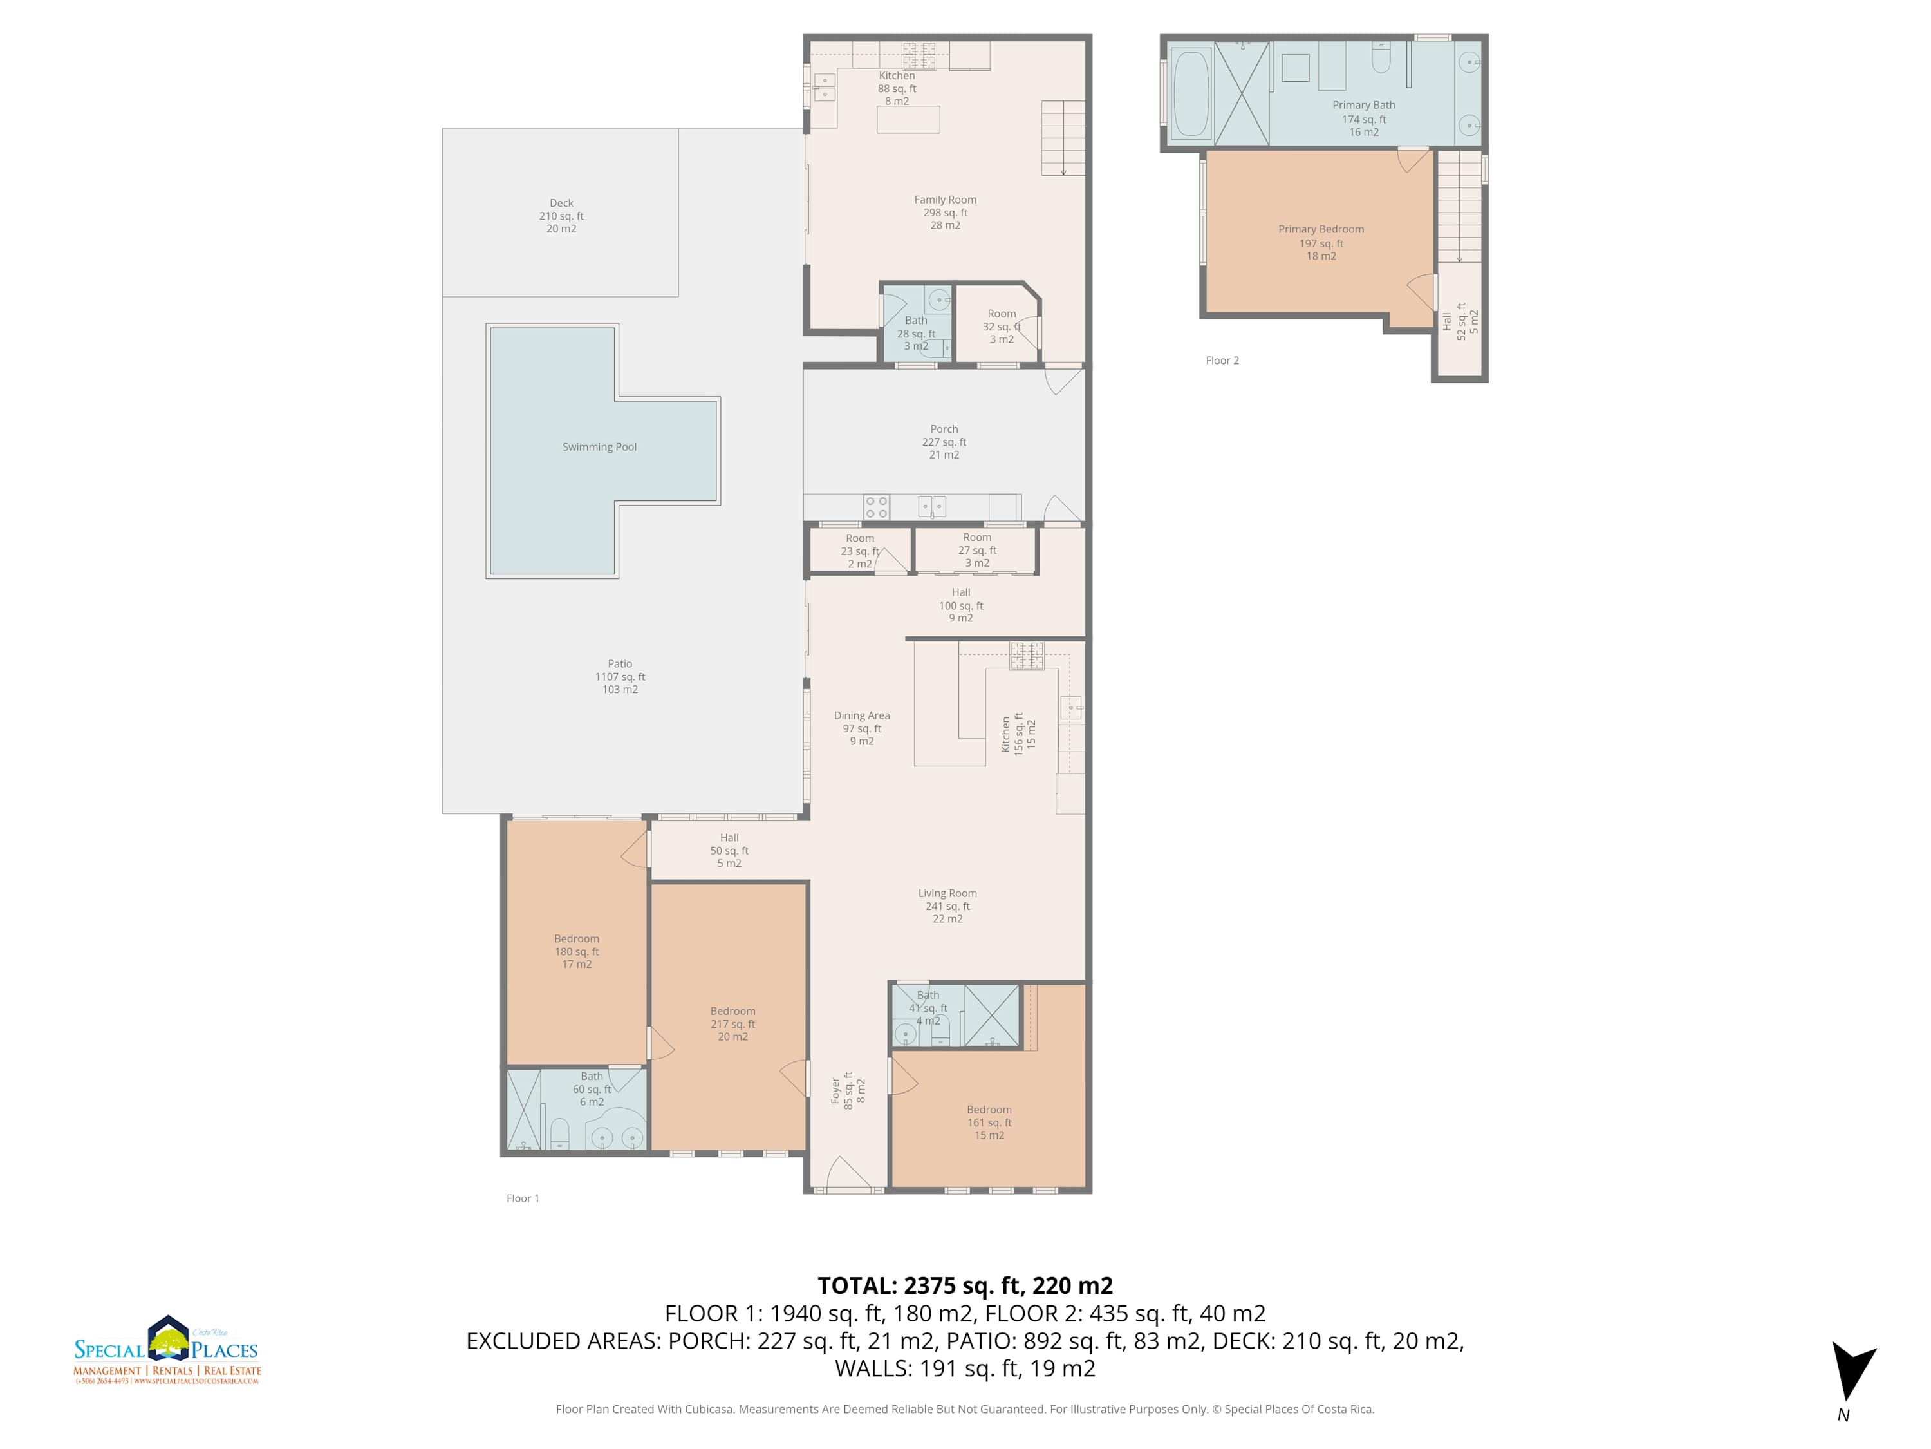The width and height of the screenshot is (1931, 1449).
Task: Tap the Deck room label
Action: pyautogui.click(x=561, y=216)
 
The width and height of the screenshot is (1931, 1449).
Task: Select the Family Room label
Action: pyautogui.click(x=946, y=213)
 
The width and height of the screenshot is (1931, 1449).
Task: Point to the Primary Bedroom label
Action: pyautogui.click(x=1321, y=242)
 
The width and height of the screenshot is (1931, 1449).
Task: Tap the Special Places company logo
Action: pyautogui.click(x=167, y=1349)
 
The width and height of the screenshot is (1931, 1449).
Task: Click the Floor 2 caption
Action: pyautogui.click(x=1222, y=360)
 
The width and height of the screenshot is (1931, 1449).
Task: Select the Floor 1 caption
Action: pyautogui.click(x=523, y=1198)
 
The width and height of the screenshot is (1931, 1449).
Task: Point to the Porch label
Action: pyautogui.click(x=944, y=442)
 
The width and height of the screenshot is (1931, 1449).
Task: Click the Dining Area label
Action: pyautogui.click(x=862, y=728)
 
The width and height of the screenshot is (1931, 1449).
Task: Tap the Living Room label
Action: pyautogui.click(x=947, y=905)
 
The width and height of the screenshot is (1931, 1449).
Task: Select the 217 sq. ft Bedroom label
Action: pyautogui.click(x=732, y=1024)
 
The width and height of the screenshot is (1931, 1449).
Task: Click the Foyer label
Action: pyautogui.click(x=848, y=1090)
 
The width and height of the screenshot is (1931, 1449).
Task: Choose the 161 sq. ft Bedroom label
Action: pyautogui.click(x=989, y=1122)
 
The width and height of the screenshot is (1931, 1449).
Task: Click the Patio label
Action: pyautogui.click(x=620, y=676)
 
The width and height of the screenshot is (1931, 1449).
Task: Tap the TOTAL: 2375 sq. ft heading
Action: pyautogui.click(x=965, y=1285)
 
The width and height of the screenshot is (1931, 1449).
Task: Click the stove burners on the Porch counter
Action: pyautogui.click(x=877, y=507)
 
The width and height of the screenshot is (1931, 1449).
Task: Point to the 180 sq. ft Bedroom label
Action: pyautogui.click(x=576, y=951)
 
